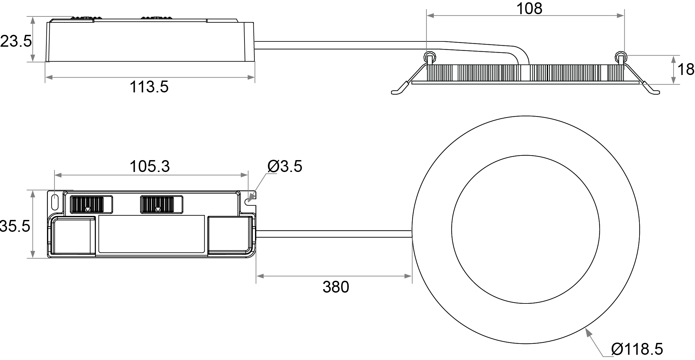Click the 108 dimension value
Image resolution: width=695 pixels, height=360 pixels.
pos(529,9)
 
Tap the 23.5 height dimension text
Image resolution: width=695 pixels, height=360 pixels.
pos(16,41)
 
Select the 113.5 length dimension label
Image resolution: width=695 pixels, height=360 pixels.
pos(149,87)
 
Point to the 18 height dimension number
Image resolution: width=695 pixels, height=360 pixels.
pos(686,70)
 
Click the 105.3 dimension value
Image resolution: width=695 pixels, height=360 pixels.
pos(150,166)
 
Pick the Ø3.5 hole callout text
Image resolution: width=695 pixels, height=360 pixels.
pos(285,166)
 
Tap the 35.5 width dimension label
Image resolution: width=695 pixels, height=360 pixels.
pos(15,226)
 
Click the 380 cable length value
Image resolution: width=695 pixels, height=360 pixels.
pos(336,287)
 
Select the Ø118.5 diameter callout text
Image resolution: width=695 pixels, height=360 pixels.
pos(637,349)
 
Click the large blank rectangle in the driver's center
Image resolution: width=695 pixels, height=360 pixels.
pos(151,234)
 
